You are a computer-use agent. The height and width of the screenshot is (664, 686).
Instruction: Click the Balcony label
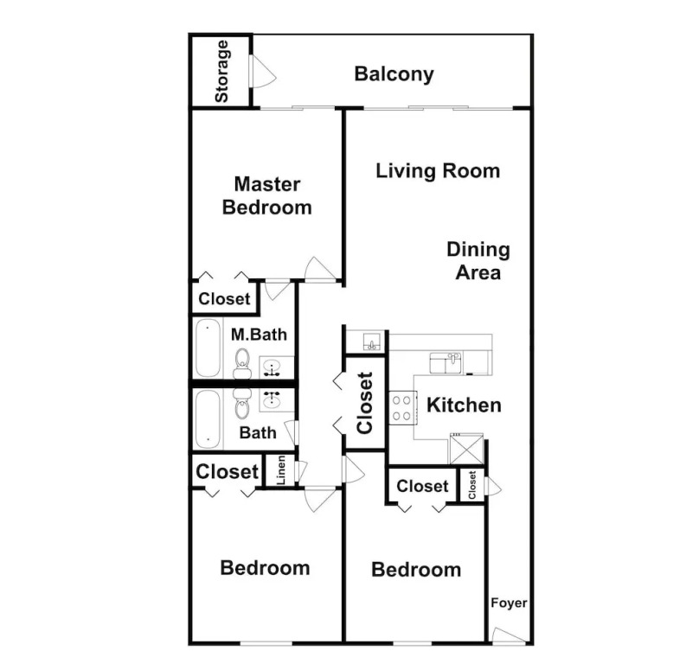point(394,73)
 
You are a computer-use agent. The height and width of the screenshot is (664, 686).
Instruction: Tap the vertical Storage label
point(222,71)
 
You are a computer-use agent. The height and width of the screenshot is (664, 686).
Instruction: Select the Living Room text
point(438,171)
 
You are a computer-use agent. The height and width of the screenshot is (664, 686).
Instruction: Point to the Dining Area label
point(478,261)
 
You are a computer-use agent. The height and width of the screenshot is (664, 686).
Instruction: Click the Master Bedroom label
point(267,196)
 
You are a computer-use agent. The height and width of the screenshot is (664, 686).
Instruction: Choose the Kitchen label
point(464,405)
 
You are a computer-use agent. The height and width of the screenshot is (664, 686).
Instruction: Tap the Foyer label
point(509,603)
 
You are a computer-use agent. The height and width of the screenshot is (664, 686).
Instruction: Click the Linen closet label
point(281,470)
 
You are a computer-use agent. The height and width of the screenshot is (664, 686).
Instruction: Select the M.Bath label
point(259,335)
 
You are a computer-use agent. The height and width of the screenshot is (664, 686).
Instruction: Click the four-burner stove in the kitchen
point(402,408)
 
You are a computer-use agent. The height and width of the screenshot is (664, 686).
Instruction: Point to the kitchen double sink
point(446,363)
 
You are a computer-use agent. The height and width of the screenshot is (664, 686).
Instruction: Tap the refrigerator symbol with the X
point(467,449)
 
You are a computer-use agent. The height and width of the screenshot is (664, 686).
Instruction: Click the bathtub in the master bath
point(208,348)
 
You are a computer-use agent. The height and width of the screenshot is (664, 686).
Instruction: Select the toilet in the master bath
point(242,364)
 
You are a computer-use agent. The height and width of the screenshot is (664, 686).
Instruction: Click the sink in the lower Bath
point(272,399)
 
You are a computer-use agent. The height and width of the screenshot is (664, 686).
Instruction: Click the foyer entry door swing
point(508,635)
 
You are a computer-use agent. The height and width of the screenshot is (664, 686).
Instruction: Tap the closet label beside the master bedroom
point(224,299)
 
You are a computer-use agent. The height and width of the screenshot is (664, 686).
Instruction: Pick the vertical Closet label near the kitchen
point(365,403)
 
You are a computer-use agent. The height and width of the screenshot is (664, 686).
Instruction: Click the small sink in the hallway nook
point(372,342)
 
